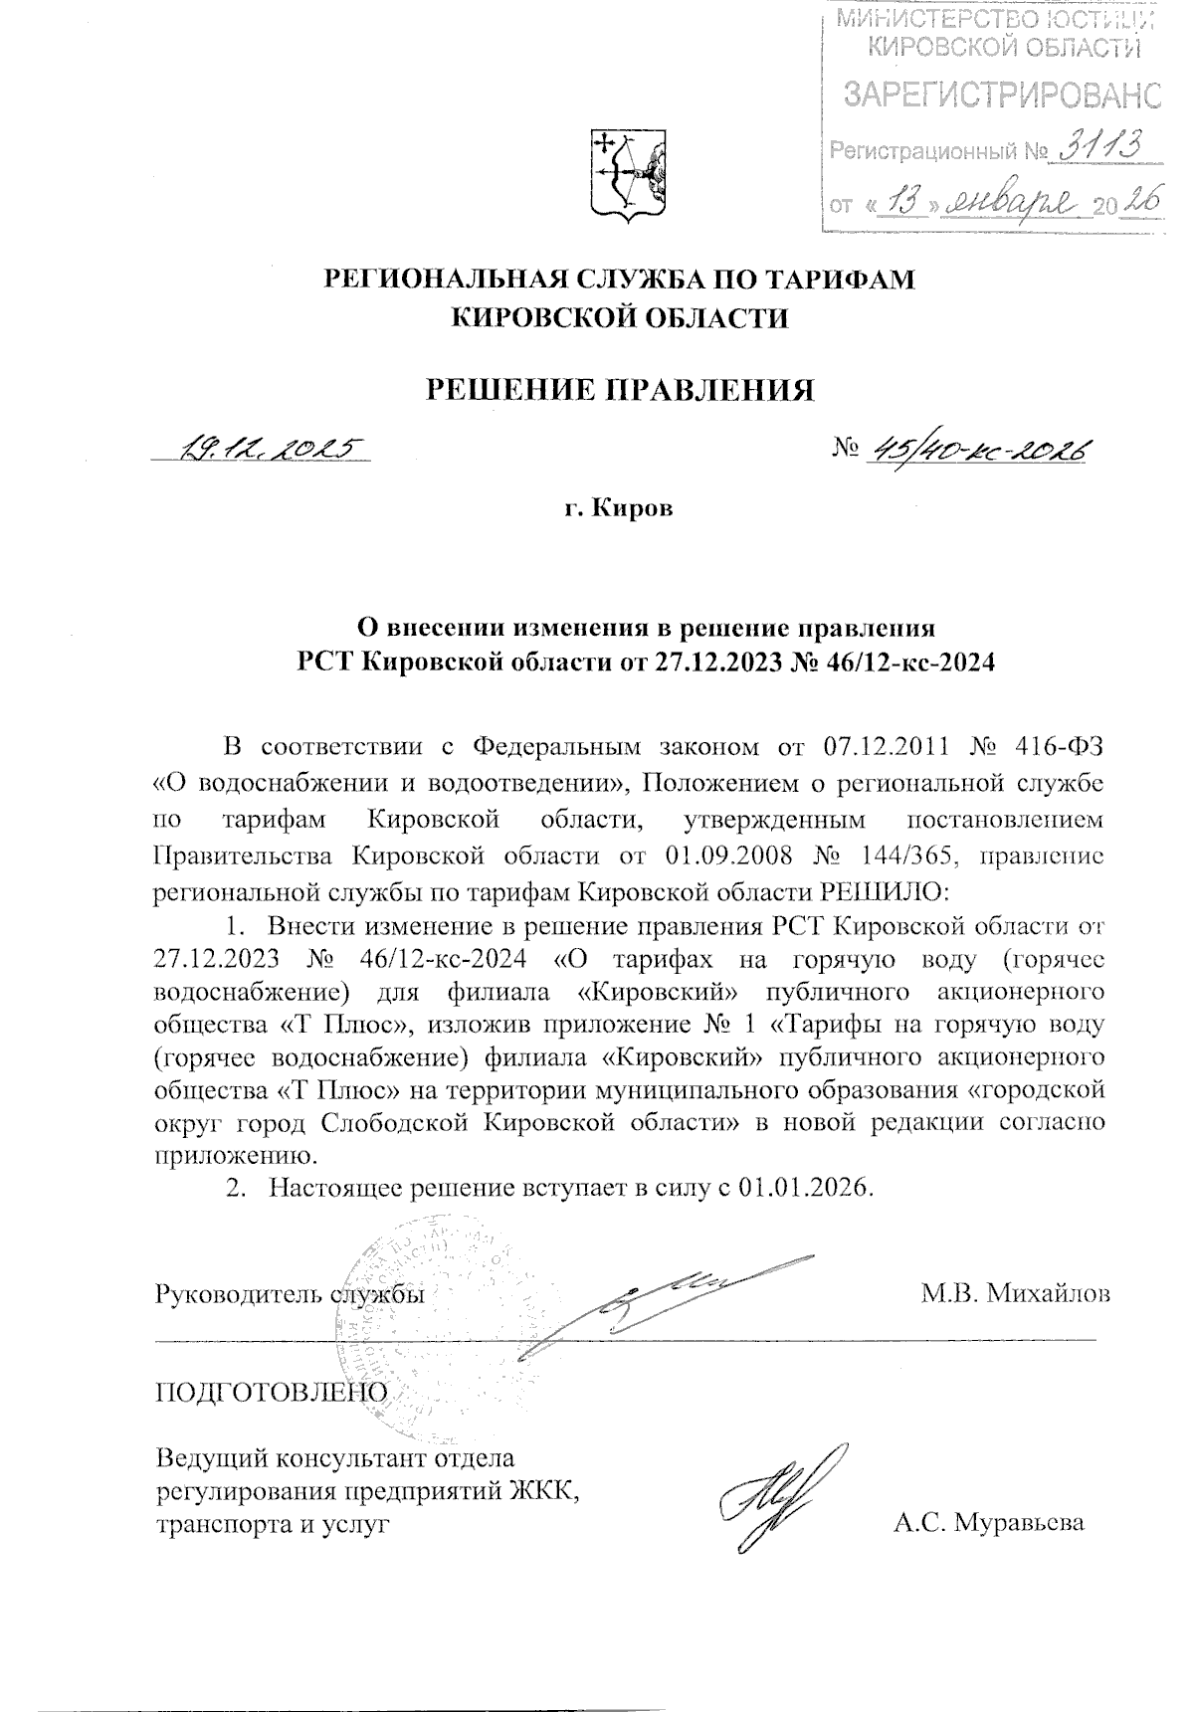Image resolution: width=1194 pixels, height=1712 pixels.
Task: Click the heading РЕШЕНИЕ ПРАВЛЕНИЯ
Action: (620, 389)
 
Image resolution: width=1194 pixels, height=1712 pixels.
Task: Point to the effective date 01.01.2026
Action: (805, 1188)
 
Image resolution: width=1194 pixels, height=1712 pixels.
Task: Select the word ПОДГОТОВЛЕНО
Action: (268, 1391)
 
